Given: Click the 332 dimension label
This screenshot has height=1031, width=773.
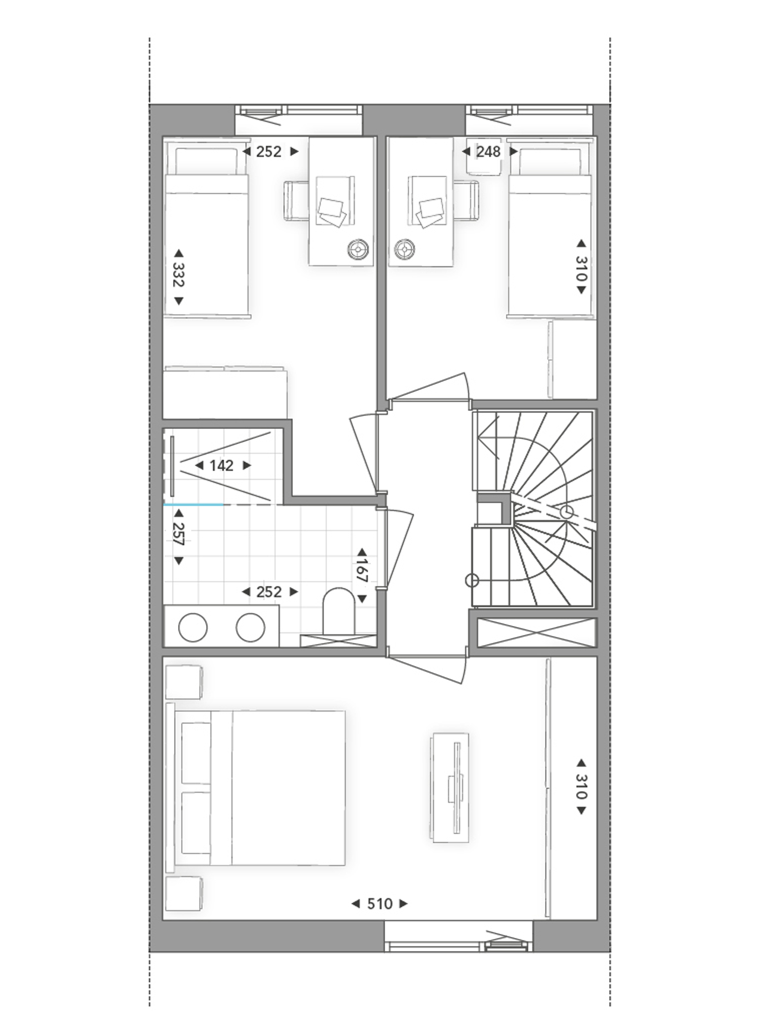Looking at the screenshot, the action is [178, 274].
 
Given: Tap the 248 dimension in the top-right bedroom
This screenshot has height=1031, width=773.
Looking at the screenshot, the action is [488, 152].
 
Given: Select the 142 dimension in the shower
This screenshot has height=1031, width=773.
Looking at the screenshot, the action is [222, 466].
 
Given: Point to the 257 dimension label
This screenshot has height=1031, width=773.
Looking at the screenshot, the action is [178, 534].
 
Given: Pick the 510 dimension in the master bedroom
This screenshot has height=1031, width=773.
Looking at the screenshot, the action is [379, 904].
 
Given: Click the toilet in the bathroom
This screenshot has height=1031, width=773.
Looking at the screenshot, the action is [339, 612].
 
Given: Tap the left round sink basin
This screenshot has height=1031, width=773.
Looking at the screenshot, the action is [193, 628].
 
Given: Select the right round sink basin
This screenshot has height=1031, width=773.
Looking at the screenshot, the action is [251, 628].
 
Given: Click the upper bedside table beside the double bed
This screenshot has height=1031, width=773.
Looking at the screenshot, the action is [184, 682].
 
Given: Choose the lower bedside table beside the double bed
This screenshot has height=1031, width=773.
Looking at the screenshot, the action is [184, 894].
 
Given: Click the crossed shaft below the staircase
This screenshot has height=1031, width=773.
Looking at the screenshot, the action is [536, 633].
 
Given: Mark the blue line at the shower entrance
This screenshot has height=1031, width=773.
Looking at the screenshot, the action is [194, 504].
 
